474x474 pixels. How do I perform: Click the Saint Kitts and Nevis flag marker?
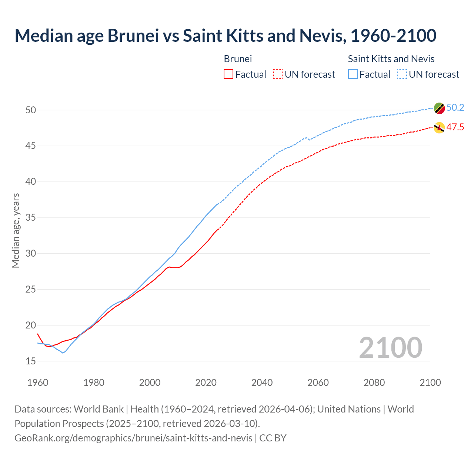[x=439, y=108]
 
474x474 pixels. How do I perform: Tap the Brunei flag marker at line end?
[x=439, y=128]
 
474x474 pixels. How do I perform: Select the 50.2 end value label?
[x=455, y=108]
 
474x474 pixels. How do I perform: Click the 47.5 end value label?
[x=455, y=127]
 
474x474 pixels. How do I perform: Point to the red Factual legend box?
[x=228, y=74]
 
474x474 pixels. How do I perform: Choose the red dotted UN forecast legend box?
[x=278, y=74]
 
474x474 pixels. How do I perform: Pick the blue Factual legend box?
[x=353, y=74]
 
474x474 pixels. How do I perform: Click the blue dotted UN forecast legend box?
[x=402, y=74]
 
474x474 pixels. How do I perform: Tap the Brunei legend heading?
[x=238, y=59]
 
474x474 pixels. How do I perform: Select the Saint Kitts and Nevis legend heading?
[x=391, y=59]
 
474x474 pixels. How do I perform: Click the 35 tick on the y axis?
[x=31, y=217]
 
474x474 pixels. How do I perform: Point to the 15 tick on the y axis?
[x=31, y=361]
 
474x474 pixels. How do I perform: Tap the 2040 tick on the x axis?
[x=262, y=383]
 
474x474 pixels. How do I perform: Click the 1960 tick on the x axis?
[x=38, y=383]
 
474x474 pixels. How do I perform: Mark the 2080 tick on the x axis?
[x=374, y=383]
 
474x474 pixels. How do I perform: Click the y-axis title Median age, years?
[x=16, y=230]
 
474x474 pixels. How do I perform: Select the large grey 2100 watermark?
[x=390, y=348]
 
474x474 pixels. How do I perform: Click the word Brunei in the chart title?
[x=133, y=36]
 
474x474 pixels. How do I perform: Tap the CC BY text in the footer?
[x=273, y=438]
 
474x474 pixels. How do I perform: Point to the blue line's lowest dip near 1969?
[x=63, y=353]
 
